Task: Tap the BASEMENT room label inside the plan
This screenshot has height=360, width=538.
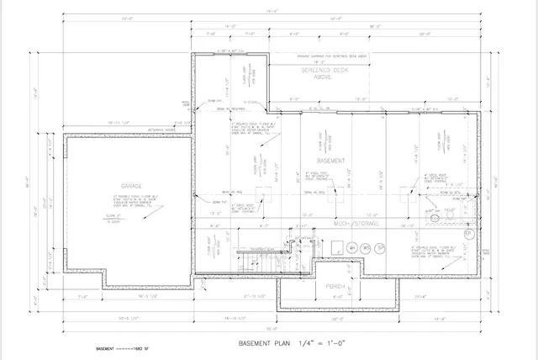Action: tap(331, 159)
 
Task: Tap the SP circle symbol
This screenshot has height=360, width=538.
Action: tap(381, 247)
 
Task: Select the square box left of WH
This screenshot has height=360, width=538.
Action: tap(335, 247)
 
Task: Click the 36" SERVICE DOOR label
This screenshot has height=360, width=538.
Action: tap(161, 130)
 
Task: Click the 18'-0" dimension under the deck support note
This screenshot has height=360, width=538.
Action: tap(320, 62)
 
